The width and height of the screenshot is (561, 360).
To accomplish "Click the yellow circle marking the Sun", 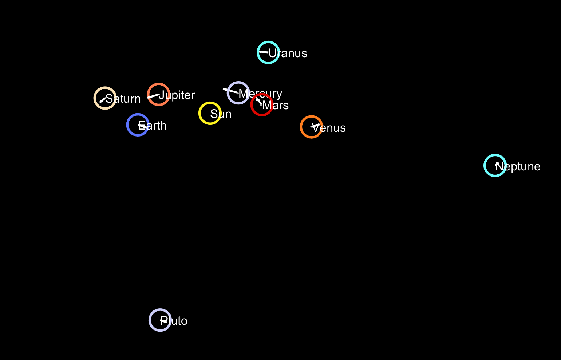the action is pyautogui.click(x=210, y=113).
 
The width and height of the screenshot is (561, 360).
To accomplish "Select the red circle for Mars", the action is pyautogui.click(x=262, y=105).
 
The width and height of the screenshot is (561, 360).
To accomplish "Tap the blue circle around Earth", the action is pyautogui.click(x=138, y=125).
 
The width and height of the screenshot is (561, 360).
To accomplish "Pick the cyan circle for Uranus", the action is pyautogui.click(x=268, y=52).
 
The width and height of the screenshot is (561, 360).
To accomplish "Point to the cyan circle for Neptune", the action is pyautogui.click(x=495, y=166).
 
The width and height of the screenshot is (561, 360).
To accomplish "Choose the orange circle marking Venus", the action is pyautogui.click(x=311, y=127).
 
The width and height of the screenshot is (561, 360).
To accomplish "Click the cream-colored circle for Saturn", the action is pyautogui.click(x=105, y=98).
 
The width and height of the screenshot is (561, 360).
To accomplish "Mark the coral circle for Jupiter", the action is pyautogui.click(x=159, y=94).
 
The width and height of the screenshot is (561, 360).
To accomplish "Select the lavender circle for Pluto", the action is pyautogui.click(x=160, y=320).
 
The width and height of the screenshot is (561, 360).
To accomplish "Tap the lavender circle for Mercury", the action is pyautogui.click(x=238, y=93).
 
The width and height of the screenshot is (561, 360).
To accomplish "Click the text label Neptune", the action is pyautogui.click(x=518, y=167).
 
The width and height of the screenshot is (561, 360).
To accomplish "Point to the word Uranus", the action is pyautogui.click(x=288, y=54).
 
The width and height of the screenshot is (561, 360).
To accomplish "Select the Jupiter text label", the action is pyautogui.click(x=177, y=95).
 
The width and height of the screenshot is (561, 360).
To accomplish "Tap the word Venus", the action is pyautogui.click(x=329, y=128).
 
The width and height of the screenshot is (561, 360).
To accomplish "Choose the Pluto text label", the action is pyautogui.click(x=174, y=321).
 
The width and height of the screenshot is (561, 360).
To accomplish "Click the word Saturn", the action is pyautogui.click(x=123, y=99).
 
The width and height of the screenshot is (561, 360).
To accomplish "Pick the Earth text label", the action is pyautogui.click(x=153, y=126).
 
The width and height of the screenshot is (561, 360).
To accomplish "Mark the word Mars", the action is pyautogui.click(x=276, y=106).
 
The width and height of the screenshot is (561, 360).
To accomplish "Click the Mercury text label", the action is pyautogui.click(x=261, y=94).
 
